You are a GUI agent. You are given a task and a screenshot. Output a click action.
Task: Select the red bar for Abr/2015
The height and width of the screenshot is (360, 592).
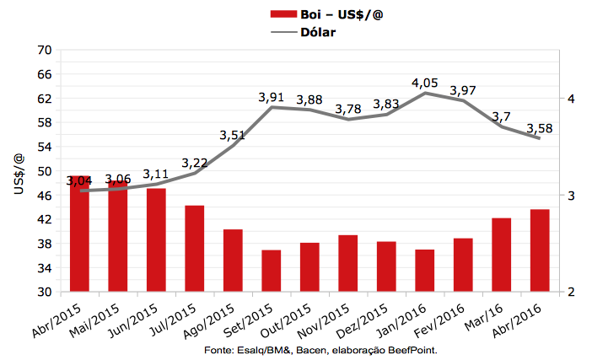pos(80,236)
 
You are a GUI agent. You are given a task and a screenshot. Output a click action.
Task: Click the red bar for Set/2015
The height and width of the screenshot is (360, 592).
pos(272,271)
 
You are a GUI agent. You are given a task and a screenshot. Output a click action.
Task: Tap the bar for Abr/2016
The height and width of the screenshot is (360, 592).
pos(540,250)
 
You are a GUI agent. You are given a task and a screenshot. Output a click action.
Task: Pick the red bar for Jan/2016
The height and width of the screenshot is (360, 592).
pos(425,271)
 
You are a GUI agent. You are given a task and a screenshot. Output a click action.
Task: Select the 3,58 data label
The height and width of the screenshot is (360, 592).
pos(540,128)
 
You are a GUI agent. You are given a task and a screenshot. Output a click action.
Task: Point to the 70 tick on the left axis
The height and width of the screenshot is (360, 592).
pos(45,51)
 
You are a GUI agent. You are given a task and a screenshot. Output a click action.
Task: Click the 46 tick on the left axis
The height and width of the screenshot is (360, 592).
pos(45,196)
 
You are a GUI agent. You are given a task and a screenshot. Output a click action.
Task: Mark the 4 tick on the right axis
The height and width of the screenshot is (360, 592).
pos(572,99)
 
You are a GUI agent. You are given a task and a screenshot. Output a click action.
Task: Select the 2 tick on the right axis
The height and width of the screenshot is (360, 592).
pos(572,293)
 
